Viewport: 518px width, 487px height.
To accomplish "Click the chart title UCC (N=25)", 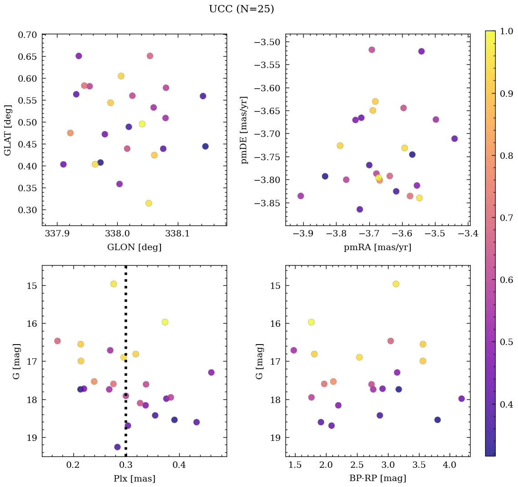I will (x=241, y=9).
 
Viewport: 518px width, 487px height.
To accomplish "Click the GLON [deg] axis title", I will (x=134, y=247).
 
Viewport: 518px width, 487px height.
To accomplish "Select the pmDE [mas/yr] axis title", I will (x=245, y=130).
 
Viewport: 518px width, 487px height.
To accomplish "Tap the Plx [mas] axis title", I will (x=134, y=479).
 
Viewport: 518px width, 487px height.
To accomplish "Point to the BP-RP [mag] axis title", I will (x=378, y=479).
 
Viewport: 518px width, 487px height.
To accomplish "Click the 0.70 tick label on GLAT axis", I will (x=27, y=35).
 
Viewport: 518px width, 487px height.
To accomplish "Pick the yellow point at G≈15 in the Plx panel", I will (x=114, y=284).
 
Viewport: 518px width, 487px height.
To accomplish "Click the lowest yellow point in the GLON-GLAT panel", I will (x=149, y=203).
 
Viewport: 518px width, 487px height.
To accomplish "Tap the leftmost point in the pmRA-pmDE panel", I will (x=300, y=196).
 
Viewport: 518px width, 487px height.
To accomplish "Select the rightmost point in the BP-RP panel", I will (x=461, y=398).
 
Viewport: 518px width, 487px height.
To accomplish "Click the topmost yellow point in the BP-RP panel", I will (x=396, y=284).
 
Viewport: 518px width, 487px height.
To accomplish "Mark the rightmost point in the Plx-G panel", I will (x=211, y=372).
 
